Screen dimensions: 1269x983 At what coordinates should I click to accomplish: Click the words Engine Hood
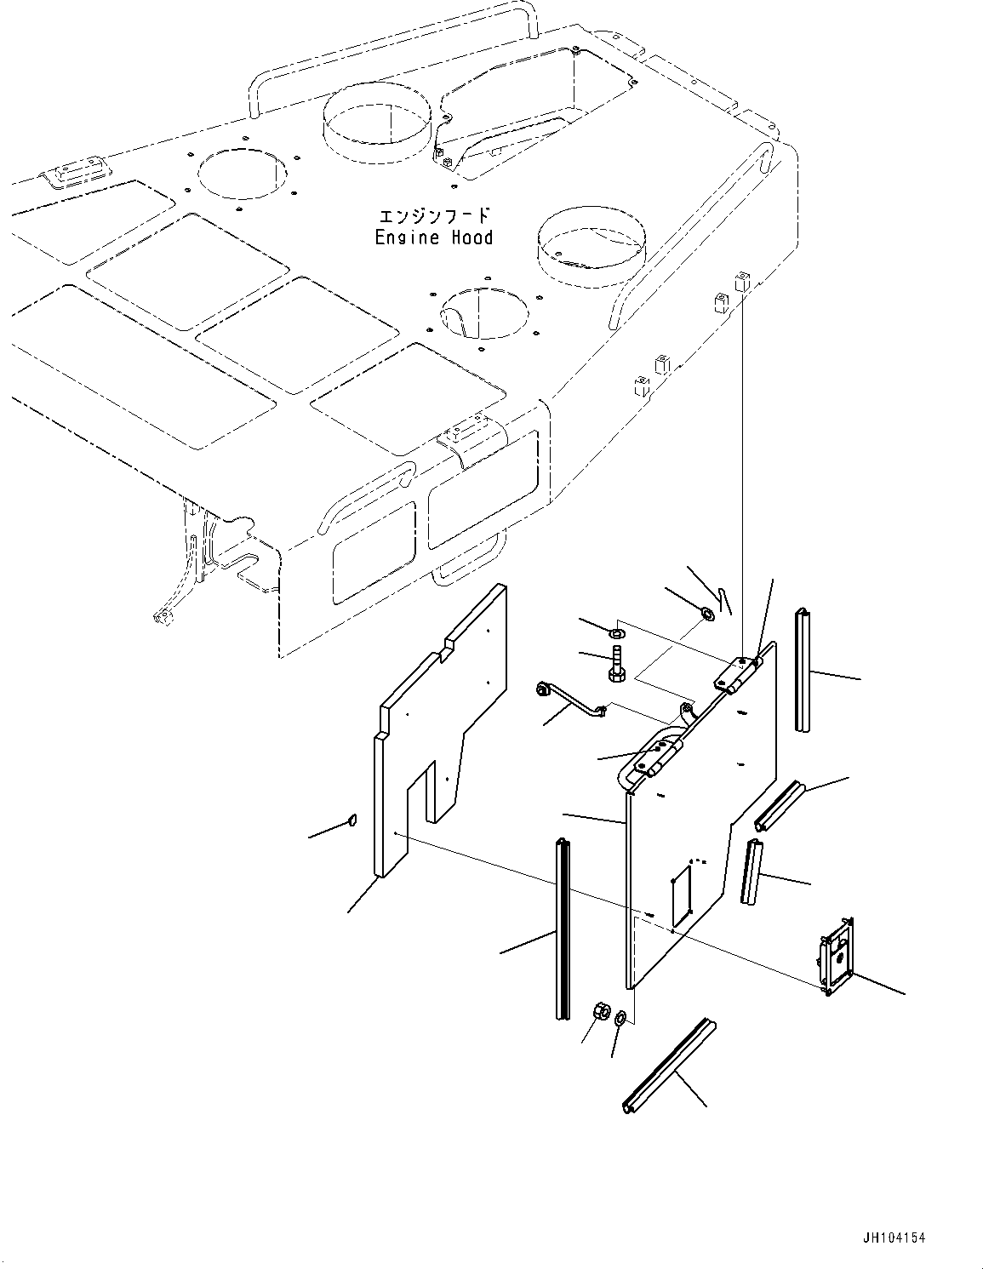coord(433,237)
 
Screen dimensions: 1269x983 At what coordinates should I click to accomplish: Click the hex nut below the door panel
coord(599,1012)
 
